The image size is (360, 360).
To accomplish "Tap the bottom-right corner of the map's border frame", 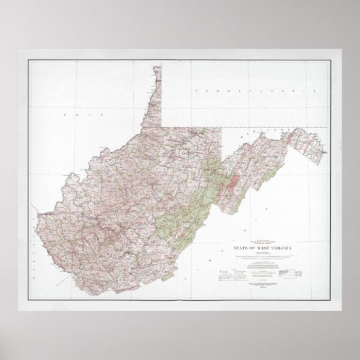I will pos(332,302).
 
